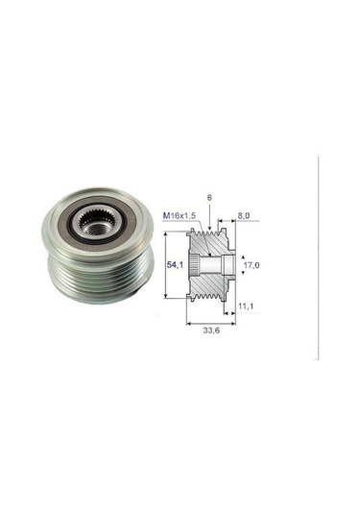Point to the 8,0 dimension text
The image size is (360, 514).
click(243, 217)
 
